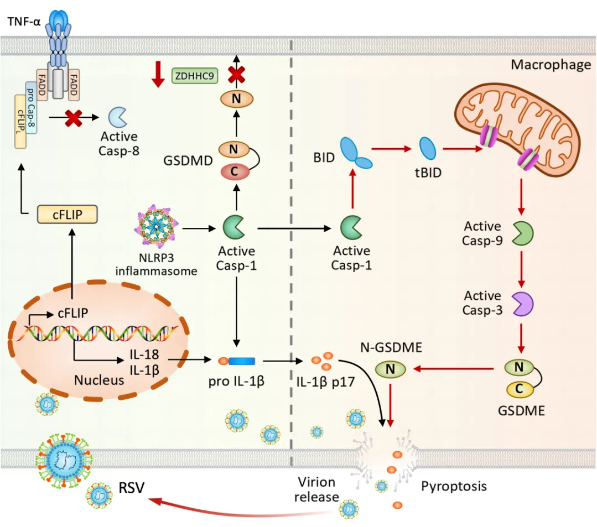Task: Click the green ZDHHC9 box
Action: pyautogui.click(x=195, y=76)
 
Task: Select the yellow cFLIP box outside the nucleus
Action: pyautogui.click(x=68, y=214)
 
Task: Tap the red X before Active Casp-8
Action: pyautogui.click(x=73, y=118)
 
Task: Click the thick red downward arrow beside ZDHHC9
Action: pyautogui.click(x=158, y=74)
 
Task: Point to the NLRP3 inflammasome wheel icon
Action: pyautogui.click(x=156, y=227)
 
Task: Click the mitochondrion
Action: pyautogui.click(x=517, y=130)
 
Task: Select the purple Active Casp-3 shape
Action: pyautogui.click(x=523, y=304)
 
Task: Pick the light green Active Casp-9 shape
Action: pyautogui.click(x=523, y=233)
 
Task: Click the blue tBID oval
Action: pyautogui.click(x=428, y=148)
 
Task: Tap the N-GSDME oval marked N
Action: pyautogui.click(x=390, y=369)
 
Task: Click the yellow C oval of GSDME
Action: pyautogui.click(x=520, y=389)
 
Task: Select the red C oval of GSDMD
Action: pyautogui.click(x=235, y=171)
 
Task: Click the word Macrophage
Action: pyautogui.click(x=551, y=65)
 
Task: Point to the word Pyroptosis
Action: pyautogui.click(x=454, y=486)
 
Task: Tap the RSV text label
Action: pyautogui.click(x=131, y=487)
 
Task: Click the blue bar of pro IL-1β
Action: pyautogui.click(x=242, y=361)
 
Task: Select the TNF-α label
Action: pyautogui.click(x=24, y=22)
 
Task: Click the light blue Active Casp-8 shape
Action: pyautogui.click(x=118, y=117)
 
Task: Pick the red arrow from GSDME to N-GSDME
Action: pyautogui.click(x=454, y=369)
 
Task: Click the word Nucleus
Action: pyautogui.click(x=99, y=380)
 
